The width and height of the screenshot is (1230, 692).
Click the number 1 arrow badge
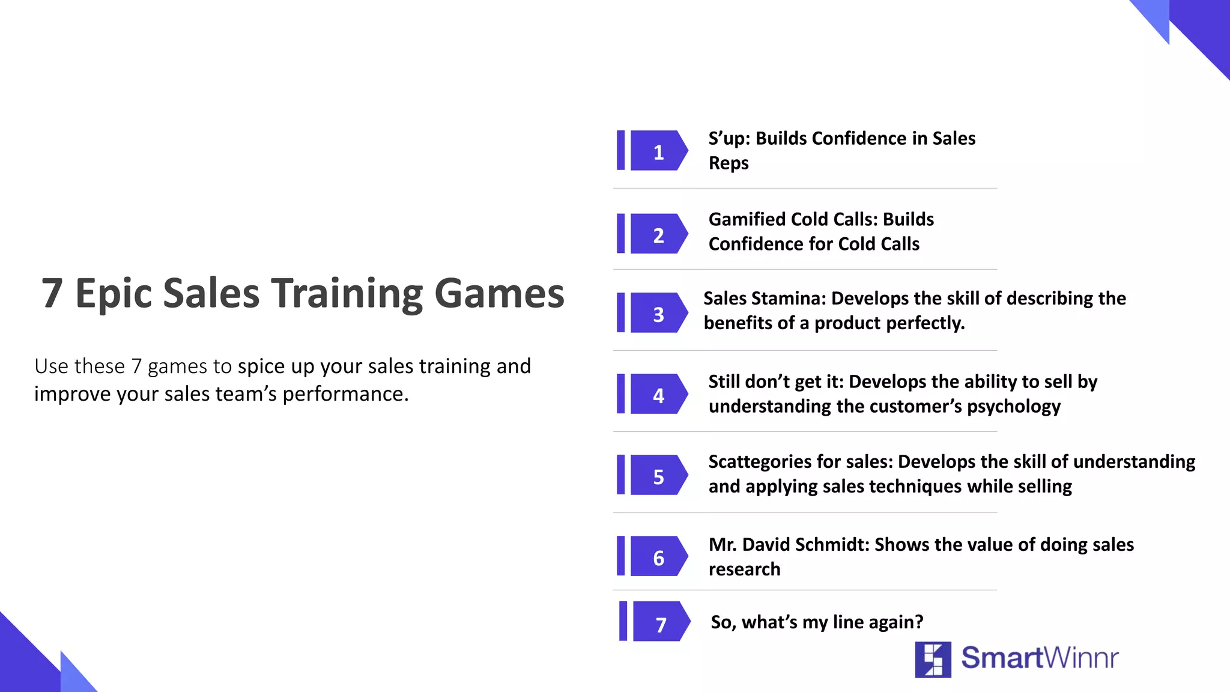tap(658, 151)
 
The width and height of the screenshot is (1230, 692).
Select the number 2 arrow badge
tap(658, 234)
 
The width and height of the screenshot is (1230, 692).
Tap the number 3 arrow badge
tap(658, 313)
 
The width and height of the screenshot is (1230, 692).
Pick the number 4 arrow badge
tap(658, 394)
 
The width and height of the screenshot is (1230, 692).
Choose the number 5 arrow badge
tap(658, 475)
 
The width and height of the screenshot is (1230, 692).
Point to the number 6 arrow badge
tap(658, 557)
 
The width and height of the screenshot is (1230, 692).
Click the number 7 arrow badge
tap(661, 622)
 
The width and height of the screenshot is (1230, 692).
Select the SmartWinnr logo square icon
tap(933, 659)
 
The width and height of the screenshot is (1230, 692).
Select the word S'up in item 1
tap(729, 139)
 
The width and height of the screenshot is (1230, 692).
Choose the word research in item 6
tap(744, 569)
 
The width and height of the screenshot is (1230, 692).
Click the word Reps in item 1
tap(729, 163)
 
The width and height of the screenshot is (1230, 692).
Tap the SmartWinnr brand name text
tap(1040, 658)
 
